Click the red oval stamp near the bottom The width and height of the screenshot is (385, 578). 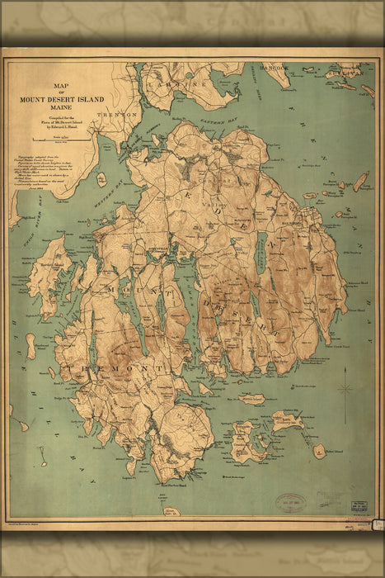[289, 503]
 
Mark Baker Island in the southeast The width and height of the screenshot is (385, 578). [319, 451]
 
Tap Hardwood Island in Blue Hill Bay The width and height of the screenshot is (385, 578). [31, 345]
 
